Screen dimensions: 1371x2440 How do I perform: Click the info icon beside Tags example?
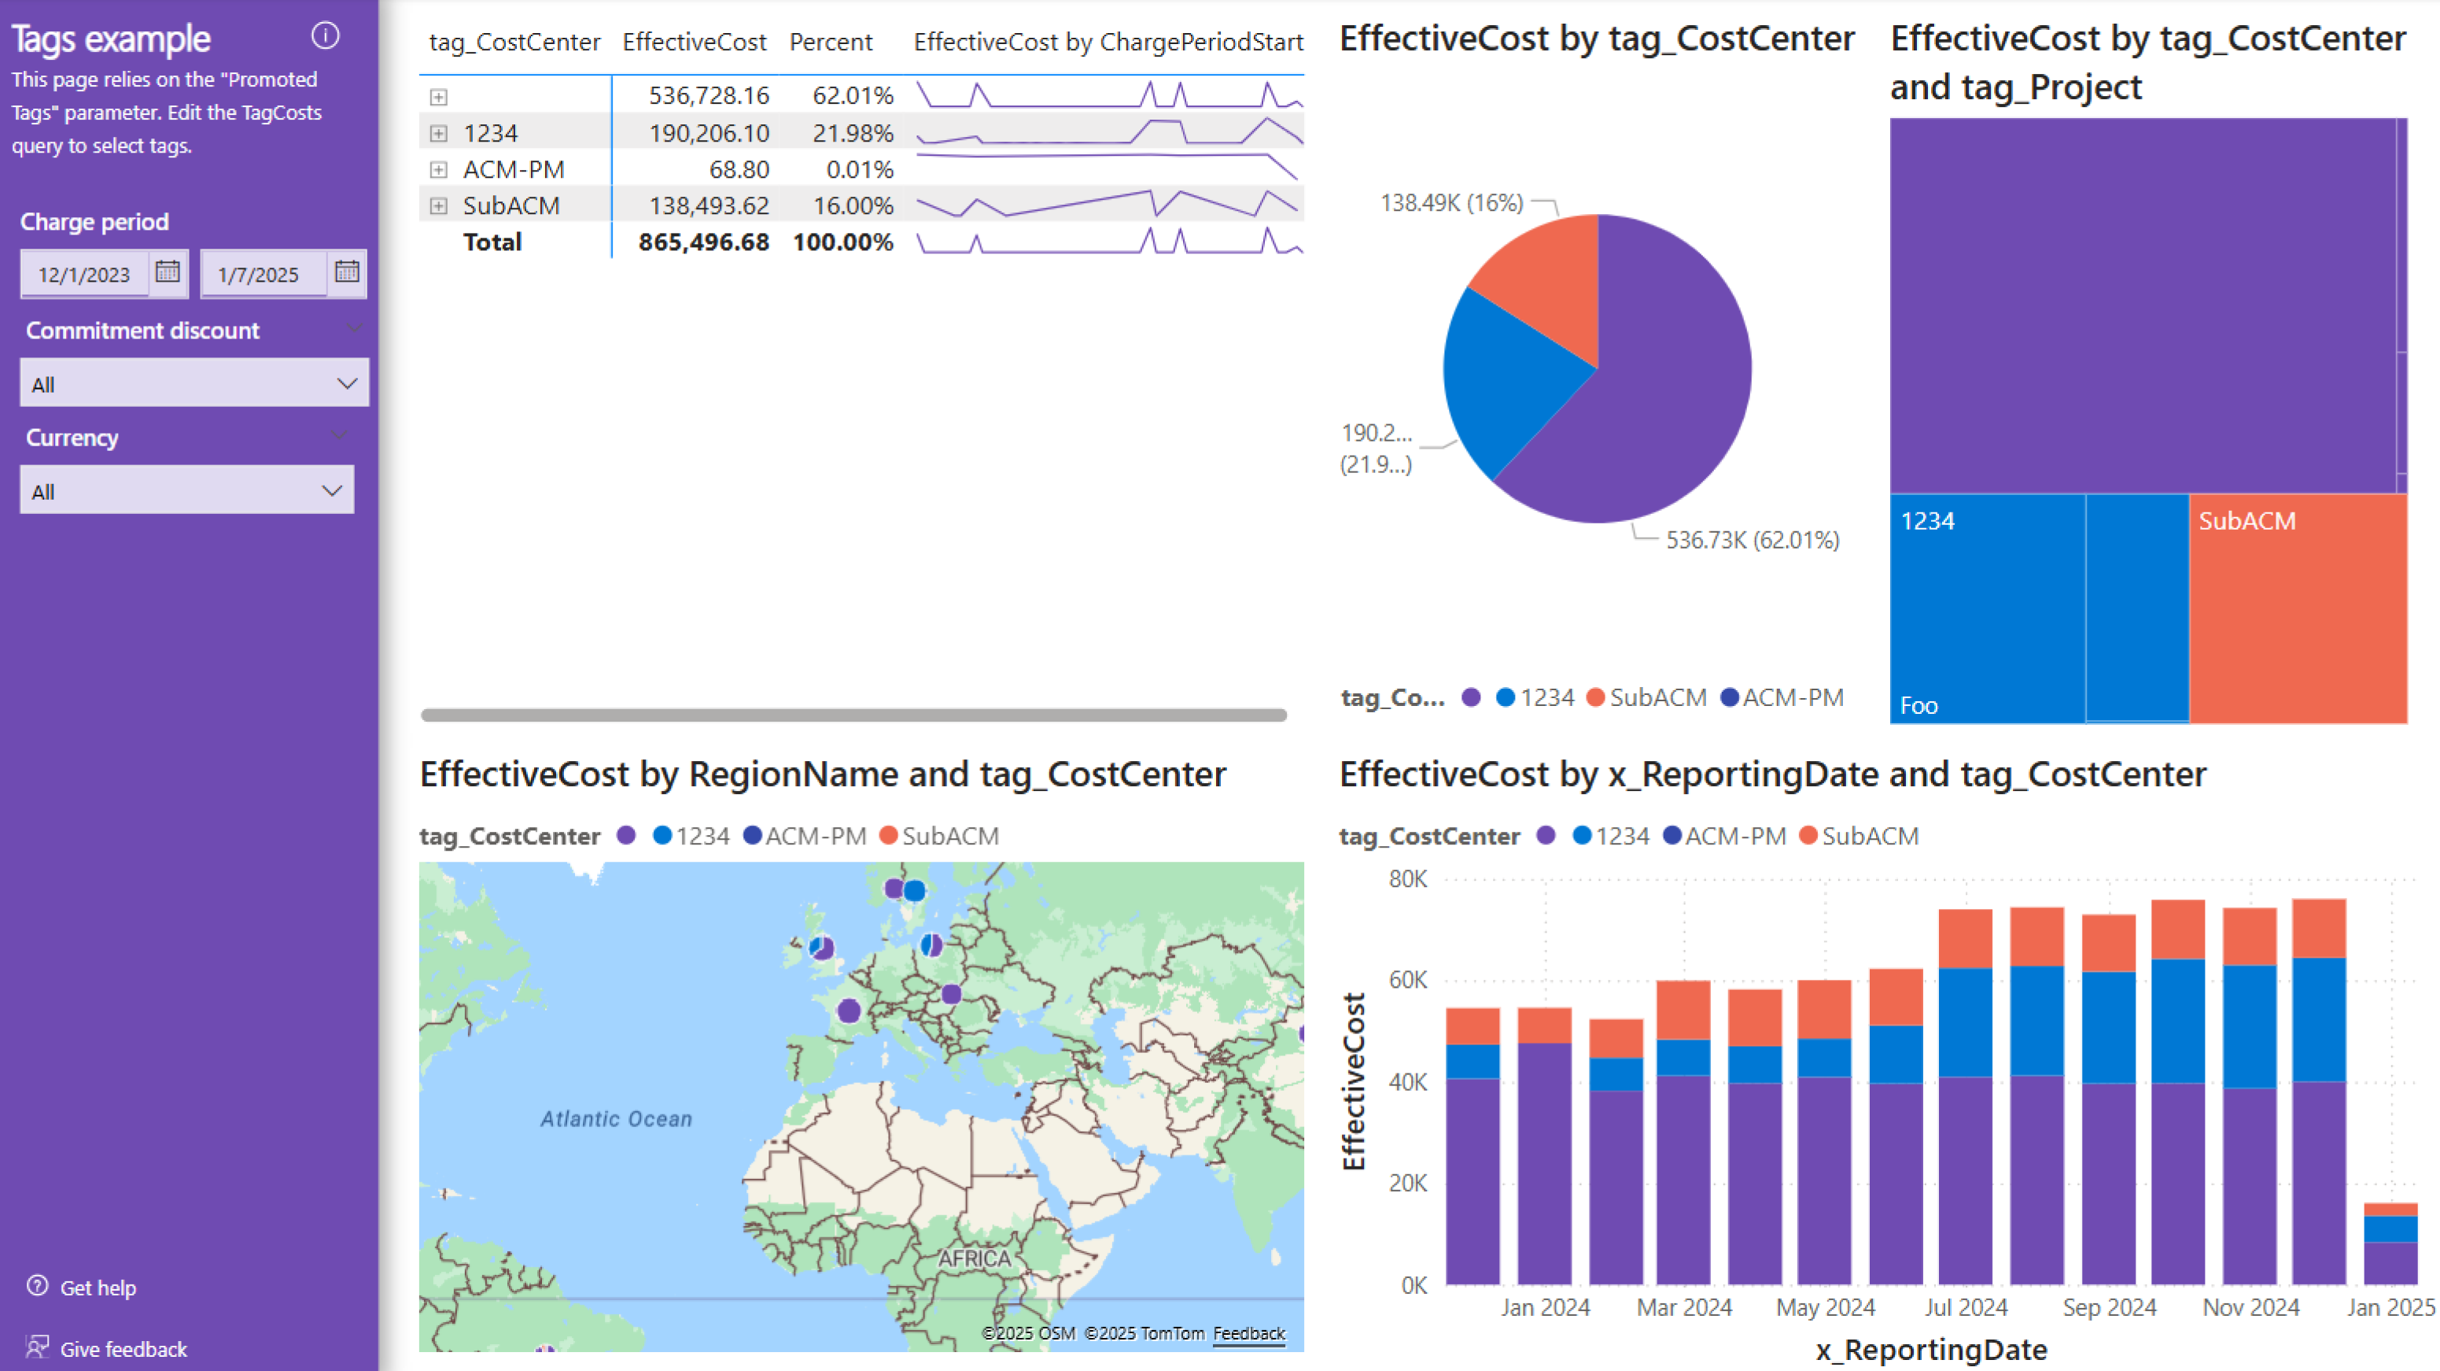coord(325,36)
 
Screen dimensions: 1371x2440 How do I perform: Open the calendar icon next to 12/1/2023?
coord(168,273)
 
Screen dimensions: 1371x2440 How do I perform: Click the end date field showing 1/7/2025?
coord(261,275)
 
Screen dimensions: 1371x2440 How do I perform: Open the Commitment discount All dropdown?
coord(194,384)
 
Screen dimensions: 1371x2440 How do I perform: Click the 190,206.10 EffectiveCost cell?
coord(709,134)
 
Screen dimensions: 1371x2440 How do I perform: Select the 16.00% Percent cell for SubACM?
coord(853,205)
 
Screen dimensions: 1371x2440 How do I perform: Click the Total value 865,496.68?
coord(703,242)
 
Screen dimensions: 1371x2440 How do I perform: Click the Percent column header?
coord(831,42)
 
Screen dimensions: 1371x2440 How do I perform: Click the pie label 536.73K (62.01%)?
coord(1753,540)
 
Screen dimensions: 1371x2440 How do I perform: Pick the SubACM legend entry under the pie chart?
coord(1647,698)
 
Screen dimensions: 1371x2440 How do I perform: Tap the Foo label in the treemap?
coord(1918,706)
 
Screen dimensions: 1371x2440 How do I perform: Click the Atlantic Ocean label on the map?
coord(616,1119)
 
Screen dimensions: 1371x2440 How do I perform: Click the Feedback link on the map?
coord(1248,1333)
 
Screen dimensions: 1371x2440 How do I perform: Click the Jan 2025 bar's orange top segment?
coord(2390,1210)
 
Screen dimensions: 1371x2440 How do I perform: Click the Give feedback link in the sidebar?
coord(123,1348)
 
